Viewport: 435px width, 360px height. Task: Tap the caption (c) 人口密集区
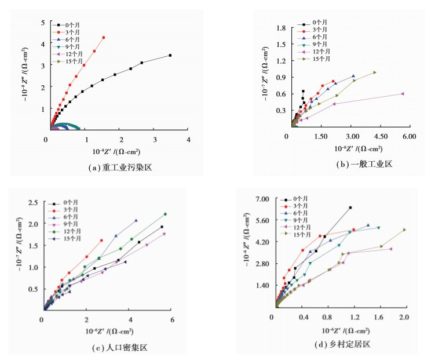point(119,348)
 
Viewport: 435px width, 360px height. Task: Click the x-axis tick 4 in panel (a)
point(188,140)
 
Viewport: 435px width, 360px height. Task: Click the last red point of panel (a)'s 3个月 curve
point(104,38)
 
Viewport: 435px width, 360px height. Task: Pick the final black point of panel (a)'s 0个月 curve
point(170,56)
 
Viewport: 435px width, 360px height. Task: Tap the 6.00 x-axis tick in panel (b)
point(409,136)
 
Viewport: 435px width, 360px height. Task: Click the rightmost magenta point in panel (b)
point(402,93)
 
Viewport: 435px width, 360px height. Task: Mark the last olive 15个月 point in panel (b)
point(375,72)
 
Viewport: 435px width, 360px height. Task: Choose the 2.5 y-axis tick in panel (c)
point(34,202)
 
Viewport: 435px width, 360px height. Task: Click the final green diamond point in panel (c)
point(165,214)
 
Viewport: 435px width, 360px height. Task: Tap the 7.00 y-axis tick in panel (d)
point(262,199)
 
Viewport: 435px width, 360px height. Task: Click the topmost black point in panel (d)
point(350,208)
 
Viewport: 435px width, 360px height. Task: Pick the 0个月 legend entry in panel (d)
point(298,199)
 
